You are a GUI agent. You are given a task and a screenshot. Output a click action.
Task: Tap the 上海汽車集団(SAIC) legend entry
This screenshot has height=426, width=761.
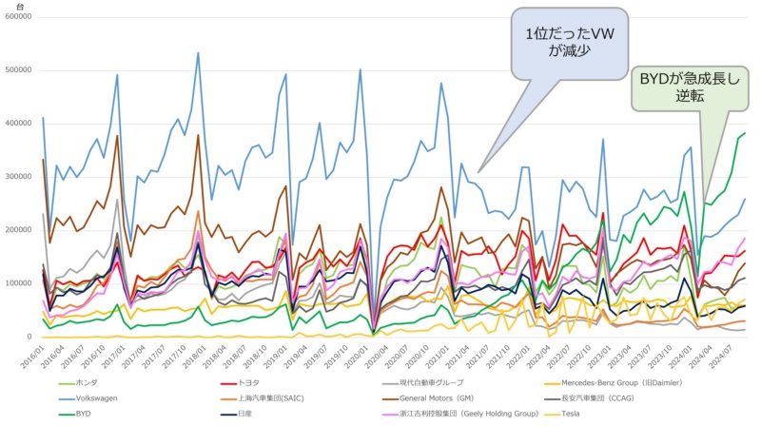click(275, 400)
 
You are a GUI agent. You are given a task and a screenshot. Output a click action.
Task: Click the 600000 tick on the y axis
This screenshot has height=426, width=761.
click(17, 18)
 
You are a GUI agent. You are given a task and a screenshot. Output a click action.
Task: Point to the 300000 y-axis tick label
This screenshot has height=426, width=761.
click(17, 177)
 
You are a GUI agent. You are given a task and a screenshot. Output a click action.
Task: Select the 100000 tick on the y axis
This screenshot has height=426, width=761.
click(17, 283)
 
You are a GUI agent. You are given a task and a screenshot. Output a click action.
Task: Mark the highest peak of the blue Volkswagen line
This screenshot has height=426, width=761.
click(198, 53)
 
